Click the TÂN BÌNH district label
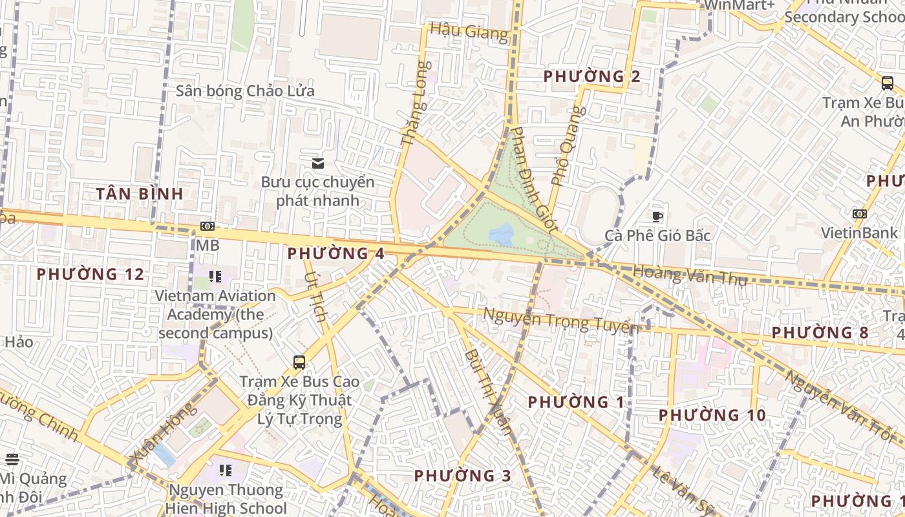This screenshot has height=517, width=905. point(140,193)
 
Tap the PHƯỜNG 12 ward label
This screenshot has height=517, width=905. point(90,274)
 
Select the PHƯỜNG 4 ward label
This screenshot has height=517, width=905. point(336,253)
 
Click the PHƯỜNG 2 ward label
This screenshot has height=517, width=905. point(591,76)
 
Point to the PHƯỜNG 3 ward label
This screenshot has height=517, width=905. point(462,476)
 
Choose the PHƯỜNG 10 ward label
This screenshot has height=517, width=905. point(712,415)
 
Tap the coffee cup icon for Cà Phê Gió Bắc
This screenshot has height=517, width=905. point(657,216)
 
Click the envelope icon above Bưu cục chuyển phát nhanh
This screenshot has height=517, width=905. point(317,162)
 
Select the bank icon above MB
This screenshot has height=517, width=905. point(208,226)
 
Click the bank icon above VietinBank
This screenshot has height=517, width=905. point(859,214)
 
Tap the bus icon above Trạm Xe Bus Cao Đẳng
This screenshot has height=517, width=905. point(299,362)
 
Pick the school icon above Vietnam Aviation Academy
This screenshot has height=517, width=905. point(215,277)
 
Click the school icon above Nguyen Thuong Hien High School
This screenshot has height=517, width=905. point(225,470)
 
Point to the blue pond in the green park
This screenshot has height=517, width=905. point(501,234)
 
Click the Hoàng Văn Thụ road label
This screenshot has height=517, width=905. point(690,276)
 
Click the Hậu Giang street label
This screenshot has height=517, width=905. point(469,31)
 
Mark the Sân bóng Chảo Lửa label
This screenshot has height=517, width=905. point(245,91)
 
